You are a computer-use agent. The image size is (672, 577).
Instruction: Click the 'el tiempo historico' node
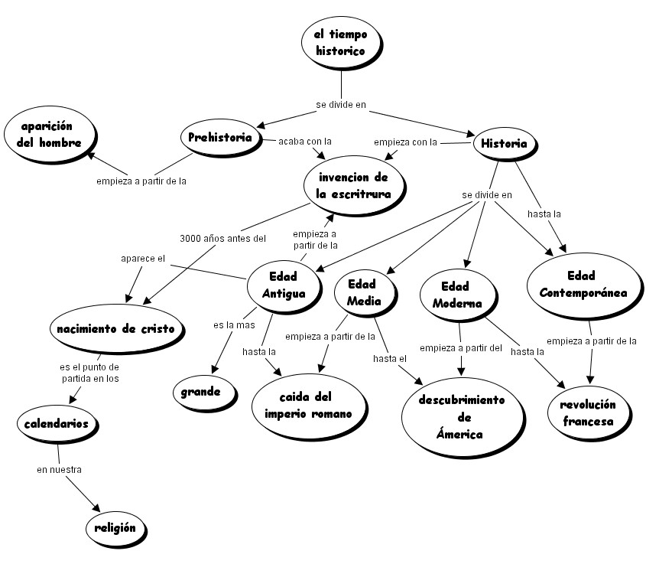pyautogui.click(x=341, y=42)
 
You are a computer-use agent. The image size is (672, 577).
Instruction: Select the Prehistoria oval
pyautogui.click(x=220, y=138)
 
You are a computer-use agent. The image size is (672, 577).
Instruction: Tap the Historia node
pyautogui.click(x=504, y=143)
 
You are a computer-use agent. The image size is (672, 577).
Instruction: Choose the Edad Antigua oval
pyautogui.click(x=284, y=285)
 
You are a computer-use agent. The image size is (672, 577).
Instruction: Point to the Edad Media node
pyautogui.click(x=364, y=292)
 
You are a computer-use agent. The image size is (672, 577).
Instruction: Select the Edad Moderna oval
pyautogui.click(x=457, y=295)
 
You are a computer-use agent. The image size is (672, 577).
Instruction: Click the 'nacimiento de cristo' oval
pyautogui.click(x=115, y=329)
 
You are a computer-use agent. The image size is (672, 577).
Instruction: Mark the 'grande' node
pyautogui.click(x=201, y=393)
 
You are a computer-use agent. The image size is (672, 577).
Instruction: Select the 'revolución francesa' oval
pyautogui.click(x=587, y=412)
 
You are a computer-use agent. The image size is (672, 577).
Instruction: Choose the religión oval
pyautogui.click(x=115, y=527)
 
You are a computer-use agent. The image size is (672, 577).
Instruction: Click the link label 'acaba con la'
pyautogui.click(x=305, y=142)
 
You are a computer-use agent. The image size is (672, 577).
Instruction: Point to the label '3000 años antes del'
pyautogui.click(x=223, y=238)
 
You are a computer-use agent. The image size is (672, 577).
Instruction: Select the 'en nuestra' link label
pyautogui.click(x=59, y=469)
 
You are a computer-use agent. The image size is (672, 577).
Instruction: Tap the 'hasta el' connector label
pyautogui.click(x=390, y=358)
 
